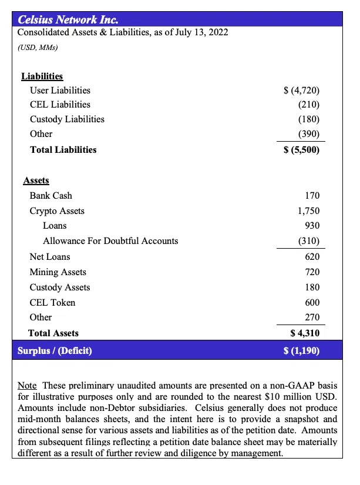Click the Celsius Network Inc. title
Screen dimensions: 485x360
(68, 19)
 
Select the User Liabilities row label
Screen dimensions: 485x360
(60, 90)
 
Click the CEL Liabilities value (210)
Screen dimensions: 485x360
(308, 105)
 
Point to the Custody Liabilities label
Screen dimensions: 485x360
(67, 119)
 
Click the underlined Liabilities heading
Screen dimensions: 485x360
(42, 76)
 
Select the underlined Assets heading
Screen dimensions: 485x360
(36, 180)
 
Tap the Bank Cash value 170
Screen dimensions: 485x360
(312, 195)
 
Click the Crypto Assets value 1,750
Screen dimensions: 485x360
(308, 211)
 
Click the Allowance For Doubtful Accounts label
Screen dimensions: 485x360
(110, 241)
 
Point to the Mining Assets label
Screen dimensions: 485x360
(58, 272)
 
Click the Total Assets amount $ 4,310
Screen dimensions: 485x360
(305, 333)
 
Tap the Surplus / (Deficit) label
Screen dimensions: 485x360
(55, 351)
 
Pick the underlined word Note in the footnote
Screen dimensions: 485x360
(27, 386)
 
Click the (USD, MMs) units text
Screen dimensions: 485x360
(38, 48)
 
